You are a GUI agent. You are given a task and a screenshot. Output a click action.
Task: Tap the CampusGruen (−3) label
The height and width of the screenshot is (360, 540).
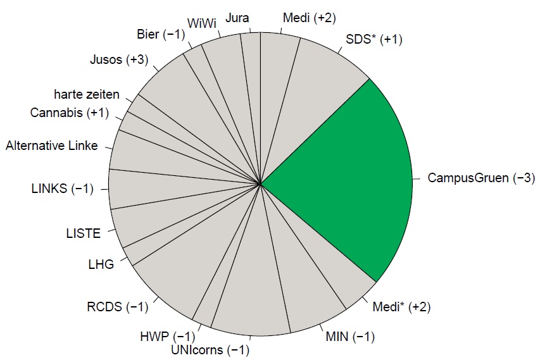click(477, 178)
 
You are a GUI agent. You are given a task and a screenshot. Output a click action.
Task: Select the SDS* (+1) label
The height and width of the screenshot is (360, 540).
click(374, 40)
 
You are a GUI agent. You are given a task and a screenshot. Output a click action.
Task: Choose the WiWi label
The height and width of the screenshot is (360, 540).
click(203, 23)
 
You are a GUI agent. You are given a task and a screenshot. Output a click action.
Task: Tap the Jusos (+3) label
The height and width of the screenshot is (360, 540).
click(119, 60)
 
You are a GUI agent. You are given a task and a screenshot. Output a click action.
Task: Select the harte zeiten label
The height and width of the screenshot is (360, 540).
click(87, 95)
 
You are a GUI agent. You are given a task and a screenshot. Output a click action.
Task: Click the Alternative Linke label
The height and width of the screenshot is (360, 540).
click(52, 146)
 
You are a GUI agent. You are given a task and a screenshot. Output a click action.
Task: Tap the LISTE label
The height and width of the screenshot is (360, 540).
click(83, 233)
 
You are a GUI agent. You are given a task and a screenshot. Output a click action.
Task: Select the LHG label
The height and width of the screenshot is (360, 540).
click(101, 264)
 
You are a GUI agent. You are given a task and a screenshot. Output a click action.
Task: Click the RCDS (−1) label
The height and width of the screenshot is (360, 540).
click(117, 308)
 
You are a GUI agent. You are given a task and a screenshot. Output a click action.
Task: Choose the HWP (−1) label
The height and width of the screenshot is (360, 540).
click(167, 336)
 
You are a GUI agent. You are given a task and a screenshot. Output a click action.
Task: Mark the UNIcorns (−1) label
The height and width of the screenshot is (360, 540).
click(210, 350)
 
